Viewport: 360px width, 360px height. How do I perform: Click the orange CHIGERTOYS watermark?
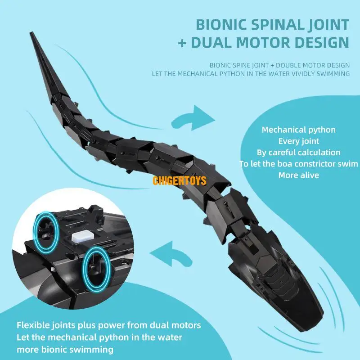pos(179,181)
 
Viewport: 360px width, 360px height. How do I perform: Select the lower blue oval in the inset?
pos(95,269)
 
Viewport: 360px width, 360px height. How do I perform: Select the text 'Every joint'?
pos(298,141)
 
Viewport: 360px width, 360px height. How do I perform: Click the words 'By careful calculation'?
pos(298,153)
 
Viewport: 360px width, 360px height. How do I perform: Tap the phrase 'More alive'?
pos(298,175)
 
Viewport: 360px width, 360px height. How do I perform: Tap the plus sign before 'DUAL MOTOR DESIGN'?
pos(183,42)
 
